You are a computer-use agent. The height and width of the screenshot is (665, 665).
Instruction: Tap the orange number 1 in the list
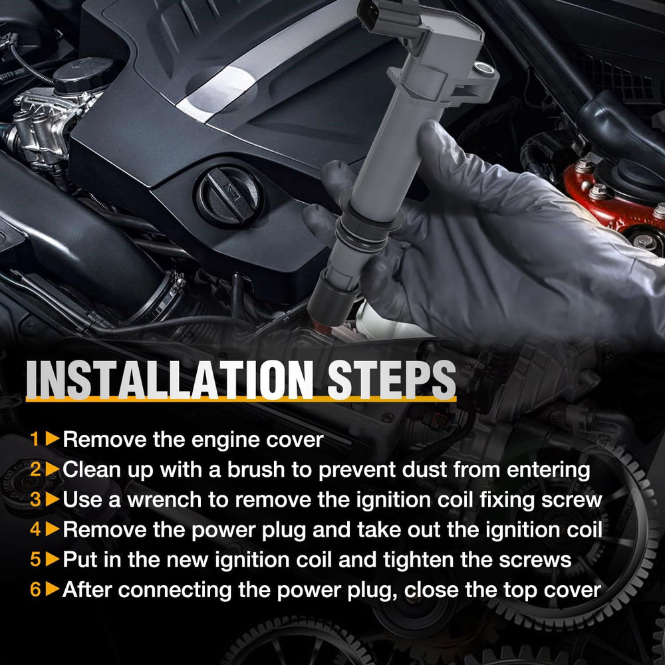pyautogui.click(x=35, y=439)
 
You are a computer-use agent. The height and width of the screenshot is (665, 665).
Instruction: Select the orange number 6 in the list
pyautogui.click(x=35, y=589)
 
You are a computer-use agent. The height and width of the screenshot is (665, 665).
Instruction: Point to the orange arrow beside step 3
pyautogui.click(x=53, y=499)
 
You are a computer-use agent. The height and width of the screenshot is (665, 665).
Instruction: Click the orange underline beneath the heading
pyautogui.click(x=241, y=399)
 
